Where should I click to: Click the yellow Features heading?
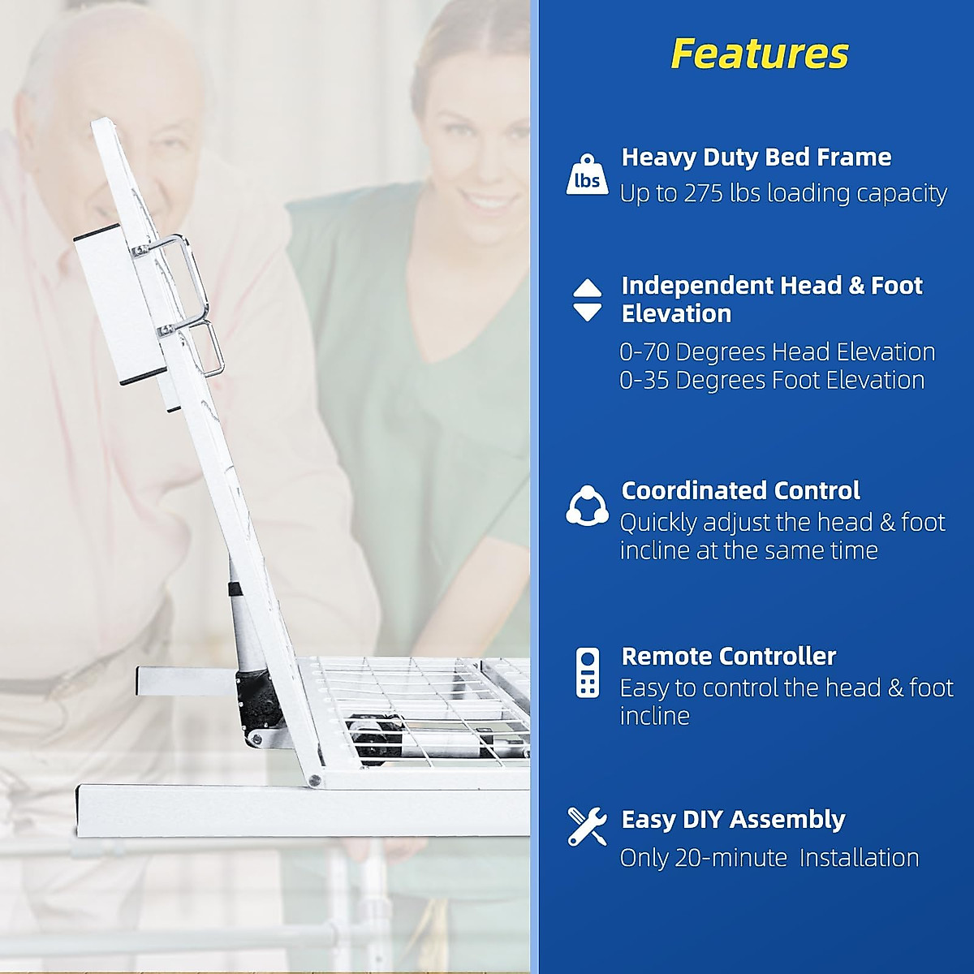(760, 54)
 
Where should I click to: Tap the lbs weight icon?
(587, 175)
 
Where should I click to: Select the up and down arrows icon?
(587, 300)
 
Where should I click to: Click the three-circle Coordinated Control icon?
(587, 506)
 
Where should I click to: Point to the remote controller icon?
(587, 672)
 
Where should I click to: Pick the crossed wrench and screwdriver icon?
(587, 826)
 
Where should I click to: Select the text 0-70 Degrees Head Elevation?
(777, 352)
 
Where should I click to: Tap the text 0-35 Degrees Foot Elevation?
(772, 380)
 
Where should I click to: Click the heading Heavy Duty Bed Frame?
(756, 157)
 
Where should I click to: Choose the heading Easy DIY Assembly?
(733, 819)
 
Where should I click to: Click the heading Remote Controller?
(728, 656)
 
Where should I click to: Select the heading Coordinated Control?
(740, 490)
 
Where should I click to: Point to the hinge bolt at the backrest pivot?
(313, 781)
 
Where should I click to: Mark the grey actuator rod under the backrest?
(245, 625)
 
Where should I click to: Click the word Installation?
(859, 858)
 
